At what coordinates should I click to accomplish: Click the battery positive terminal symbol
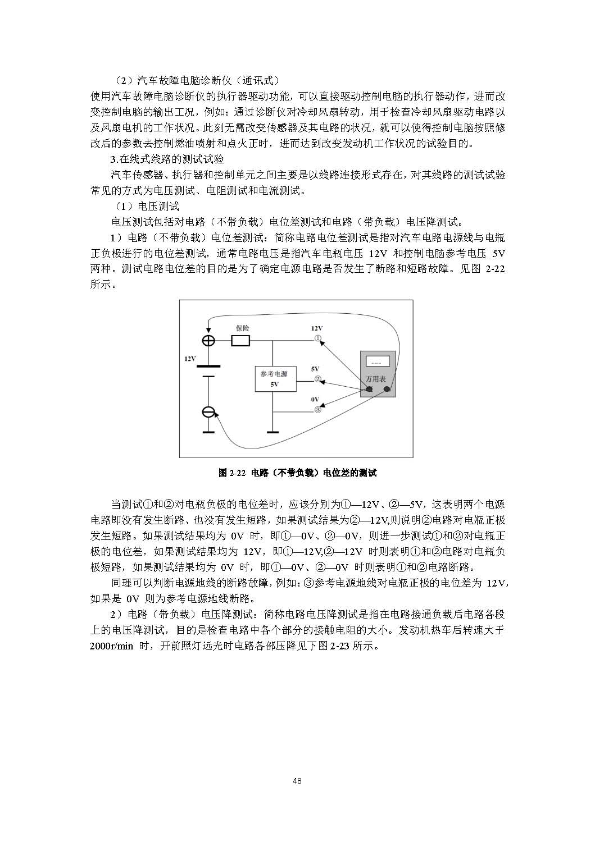(x=208, y=341)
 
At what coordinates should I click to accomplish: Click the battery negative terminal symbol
(x=208, y=413)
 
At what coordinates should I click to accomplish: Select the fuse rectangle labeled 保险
(x=240, y=341)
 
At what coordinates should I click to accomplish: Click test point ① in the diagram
(x=317, y=339)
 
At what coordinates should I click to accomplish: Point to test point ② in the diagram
(x=317, y=379)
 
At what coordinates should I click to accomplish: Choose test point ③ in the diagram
(x=317, y=410)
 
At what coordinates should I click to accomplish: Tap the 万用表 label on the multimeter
(x=376, y=379)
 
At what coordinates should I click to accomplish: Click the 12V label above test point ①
(x=317, y=328)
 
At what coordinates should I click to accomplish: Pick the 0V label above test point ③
(x=315, y=400)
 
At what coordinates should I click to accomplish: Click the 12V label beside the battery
(x=190, y=358)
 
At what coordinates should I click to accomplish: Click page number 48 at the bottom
(x=298, y=781)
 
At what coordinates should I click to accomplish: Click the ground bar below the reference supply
(x=273, y=432)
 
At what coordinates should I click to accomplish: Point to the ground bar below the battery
(x=208, y=432)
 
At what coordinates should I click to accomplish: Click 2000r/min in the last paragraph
(x=111, y=645)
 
